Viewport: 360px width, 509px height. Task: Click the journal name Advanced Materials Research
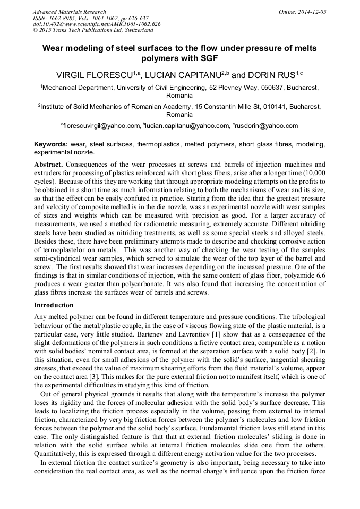(69, 12)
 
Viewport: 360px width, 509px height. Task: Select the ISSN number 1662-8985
(64, 18)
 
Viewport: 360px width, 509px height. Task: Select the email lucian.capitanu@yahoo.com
(186, 126)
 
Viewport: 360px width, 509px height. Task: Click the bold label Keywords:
(51, 144)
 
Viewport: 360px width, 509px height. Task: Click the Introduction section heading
(54, 305)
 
